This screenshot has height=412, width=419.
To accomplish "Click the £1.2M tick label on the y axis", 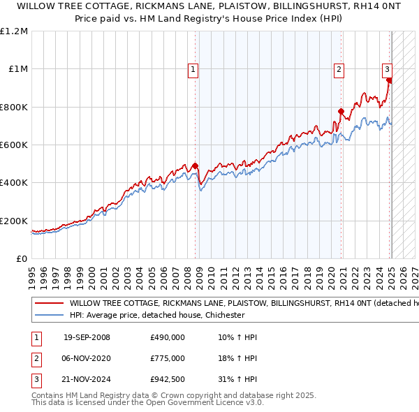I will (14, 31).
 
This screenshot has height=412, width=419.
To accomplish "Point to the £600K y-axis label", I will (14, 145).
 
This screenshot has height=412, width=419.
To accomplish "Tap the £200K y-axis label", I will (14, 221).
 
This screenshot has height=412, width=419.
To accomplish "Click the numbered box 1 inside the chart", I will (192, 69).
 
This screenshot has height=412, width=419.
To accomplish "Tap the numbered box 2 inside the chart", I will (339, 69).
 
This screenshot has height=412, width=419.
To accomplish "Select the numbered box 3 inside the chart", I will (387, 69).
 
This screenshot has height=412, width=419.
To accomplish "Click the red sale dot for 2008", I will (196, 166).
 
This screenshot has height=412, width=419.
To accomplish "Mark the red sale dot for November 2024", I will (390, 80).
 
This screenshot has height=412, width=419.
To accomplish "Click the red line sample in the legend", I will (49, 304).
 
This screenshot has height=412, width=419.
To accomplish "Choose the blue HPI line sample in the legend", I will (49, 315).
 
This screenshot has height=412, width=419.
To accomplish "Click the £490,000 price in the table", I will (168, 338).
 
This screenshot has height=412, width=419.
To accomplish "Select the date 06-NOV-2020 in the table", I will (87, 359).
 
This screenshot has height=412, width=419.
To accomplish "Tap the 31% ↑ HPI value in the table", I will (237, 380).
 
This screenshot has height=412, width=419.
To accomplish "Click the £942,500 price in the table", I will (168, 380).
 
